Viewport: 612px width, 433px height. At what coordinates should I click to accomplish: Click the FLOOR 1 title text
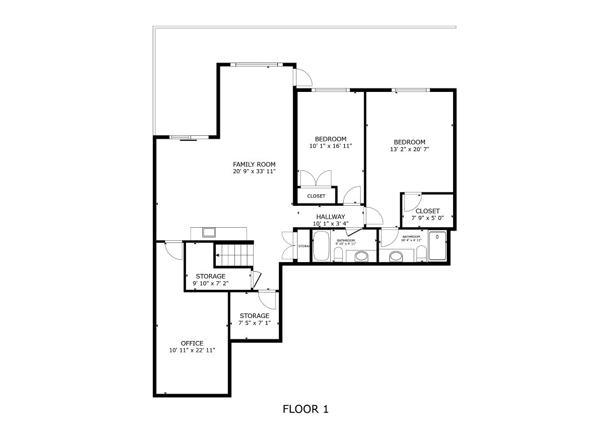pos(305,409)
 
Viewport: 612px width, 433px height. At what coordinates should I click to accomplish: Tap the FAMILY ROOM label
pos(254,165)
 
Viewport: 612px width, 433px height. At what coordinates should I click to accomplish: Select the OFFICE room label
pos(192,343)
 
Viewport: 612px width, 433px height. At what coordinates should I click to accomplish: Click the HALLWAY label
pos(330,216)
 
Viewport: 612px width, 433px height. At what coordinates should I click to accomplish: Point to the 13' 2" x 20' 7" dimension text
pos(409,150)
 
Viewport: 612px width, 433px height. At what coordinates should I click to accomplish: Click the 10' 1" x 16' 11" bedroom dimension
pos(330,146)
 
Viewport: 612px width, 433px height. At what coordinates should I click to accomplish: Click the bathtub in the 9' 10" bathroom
pos(321,246)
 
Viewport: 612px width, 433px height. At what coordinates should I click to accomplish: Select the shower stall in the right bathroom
pos(437,246)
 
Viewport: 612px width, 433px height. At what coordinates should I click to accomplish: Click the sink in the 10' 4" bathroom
pos(397,257)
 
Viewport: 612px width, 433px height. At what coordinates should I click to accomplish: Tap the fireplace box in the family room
pos(209,232)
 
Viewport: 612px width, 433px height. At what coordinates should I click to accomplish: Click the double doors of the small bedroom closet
pos(316,178)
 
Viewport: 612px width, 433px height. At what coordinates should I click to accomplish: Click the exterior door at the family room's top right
pos(303,78)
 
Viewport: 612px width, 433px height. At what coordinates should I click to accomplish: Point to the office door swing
pos(174,250)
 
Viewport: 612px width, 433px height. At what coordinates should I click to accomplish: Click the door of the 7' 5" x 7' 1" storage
pos(266,300)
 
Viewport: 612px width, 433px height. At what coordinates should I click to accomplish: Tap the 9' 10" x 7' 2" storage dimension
pos(210,284)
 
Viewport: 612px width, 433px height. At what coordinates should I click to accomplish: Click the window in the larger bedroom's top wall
pos(410,90)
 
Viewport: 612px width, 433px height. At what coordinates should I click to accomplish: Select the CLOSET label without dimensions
pos(316,196)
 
